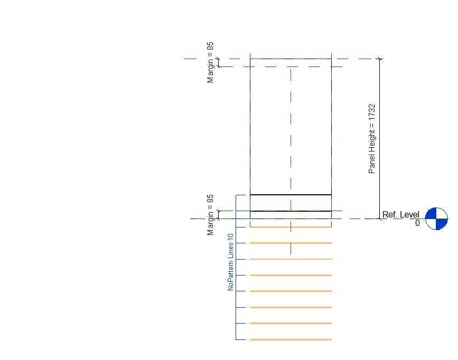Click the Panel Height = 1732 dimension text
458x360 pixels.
pos(372,138)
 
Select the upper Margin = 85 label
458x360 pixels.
pos(210,62)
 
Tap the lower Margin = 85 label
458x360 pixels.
pos(210,214)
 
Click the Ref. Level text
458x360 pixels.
pos(401,215)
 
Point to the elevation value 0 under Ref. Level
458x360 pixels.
pos(417,223)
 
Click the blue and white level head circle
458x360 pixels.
pos(436,219)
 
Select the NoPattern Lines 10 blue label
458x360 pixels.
pos(230,262)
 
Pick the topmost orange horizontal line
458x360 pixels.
pos(291,228)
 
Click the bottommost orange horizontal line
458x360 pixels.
pos(291,339)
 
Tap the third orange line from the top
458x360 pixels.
pos(291,259)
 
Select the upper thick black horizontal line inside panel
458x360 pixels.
pos(291,195)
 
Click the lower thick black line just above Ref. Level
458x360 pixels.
pos(291,211)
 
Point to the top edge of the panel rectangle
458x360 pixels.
pos(291,59)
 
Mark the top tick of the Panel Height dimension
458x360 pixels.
pos(379,59)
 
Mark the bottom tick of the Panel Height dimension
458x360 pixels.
pos(379,219)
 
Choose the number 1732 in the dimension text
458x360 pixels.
pos(372,112)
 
